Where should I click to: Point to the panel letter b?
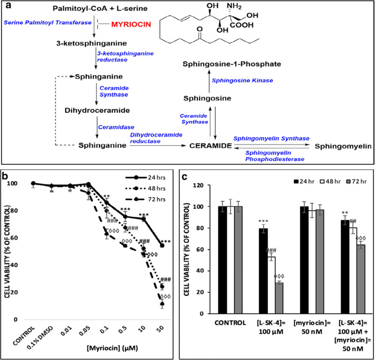(x=5, y=171)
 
